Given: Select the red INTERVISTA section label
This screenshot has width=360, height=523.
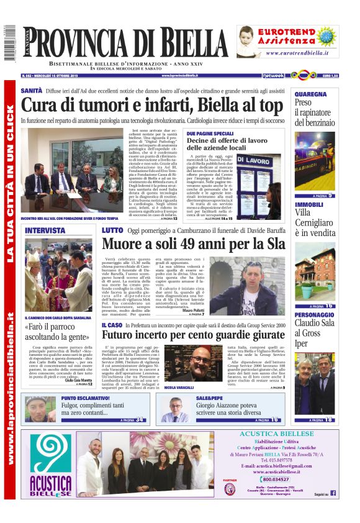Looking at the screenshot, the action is pyautogui.click(x=45, y=230).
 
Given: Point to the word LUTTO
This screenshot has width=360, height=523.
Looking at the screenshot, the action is pyautogui.click(x=112, y=230).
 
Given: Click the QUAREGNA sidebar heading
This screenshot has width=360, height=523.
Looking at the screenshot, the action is pyautogui.click(x=310, y=94).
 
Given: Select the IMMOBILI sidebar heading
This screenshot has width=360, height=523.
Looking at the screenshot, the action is pyautogui.click(x=308, y=204).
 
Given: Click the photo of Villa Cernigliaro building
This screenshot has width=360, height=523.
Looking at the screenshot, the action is pyautogui.click(x=313, y=271).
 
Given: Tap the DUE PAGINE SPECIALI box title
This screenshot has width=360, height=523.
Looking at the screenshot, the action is pyautogui.click(x=210, y=134).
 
